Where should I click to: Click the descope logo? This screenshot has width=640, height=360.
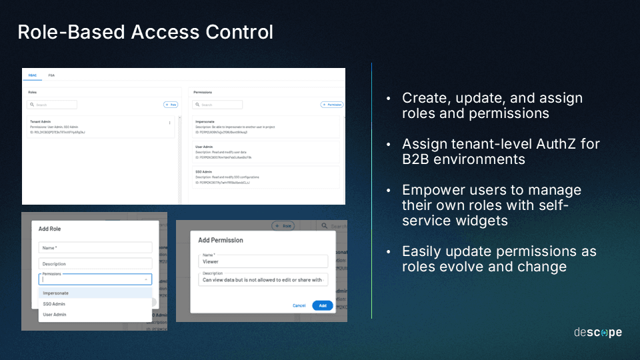(x=597, y=332)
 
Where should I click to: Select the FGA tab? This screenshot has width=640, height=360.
(x=51, y=75)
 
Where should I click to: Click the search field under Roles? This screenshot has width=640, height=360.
(x=52, y=105)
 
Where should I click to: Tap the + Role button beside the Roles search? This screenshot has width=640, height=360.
(x=171, y=105)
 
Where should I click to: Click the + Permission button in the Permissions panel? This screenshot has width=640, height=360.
(x=331, y=105)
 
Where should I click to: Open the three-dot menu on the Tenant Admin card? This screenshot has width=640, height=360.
(x=169, y=123)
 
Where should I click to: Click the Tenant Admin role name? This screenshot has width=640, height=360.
(x=41, y=122)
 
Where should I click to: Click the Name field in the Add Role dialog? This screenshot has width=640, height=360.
(x=95, y=247)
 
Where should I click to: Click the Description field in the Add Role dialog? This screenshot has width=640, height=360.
(x=95, y=264)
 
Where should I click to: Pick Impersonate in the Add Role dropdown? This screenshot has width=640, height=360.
(x=56, y=293)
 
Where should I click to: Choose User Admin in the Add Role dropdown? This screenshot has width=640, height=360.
(x=55, y=315)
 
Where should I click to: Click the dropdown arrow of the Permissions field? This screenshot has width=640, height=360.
(x=145, y=280)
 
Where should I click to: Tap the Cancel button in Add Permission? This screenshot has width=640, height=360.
(x=299, y=305)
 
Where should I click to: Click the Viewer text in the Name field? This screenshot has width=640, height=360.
(x=211, y=262)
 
